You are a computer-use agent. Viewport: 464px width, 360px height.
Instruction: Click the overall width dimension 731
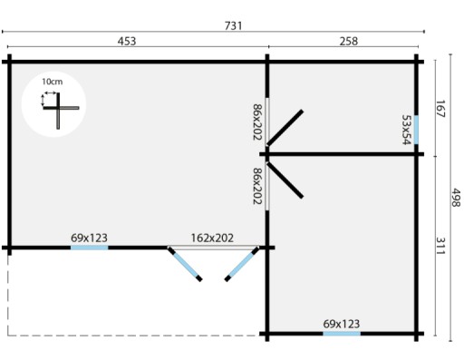pyautogui.click(x=233, y=26)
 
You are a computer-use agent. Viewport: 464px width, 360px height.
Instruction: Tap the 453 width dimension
pyautogui.click(x=127, y=41)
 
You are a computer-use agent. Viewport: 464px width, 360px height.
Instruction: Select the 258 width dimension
pyautogui.click(x=349, y=41)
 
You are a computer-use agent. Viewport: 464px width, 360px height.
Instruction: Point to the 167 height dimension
pyautogui.click(x=440, y=109)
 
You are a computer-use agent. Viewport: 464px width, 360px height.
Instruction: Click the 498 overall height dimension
pyautogui.click(x=456, y=198)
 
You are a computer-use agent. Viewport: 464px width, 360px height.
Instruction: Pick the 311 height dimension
pyautogui.click(x=440, y=246)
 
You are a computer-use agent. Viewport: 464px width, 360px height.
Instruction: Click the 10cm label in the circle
pyautogui.click(x=52, y=82)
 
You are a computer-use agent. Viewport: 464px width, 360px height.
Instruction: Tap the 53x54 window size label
pyautogui.click(x=407, y=130)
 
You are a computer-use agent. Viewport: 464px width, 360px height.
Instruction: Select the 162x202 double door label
pyautogui.click(x=212, y=238)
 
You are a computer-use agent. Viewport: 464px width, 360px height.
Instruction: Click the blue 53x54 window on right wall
pyautogui.click(x=416, y=130)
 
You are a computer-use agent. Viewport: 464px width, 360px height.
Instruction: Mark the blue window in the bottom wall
pyautogui.click(x=342, y=334)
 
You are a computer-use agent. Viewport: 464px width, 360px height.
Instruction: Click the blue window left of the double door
pyautogui.click(x=90, y=248)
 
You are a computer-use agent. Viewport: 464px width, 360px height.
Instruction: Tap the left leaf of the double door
pyautogui.click(x=185, y=264)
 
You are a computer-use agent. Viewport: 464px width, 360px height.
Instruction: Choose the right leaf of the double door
pyautogui.click(x=242, y=264)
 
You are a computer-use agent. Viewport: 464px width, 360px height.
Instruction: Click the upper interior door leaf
pyautogui.click(x=285, y=128)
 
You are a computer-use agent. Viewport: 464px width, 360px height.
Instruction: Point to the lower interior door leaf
pyautogui.click(x=285, y=180)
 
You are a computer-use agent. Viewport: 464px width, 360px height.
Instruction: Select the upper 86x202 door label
pyautogui.click(x=257, y=122)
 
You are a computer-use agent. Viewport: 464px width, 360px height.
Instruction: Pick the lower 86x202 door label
pyautogui.click(x=257, y=186)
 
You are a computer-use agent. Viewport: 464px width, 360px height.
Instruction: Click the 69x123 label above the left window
pyautogui.click(x=89, y=238)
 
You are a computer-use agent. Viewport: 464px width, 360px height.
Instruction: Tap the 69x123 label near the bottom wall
pyautogui.click(x=342, y=324)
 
